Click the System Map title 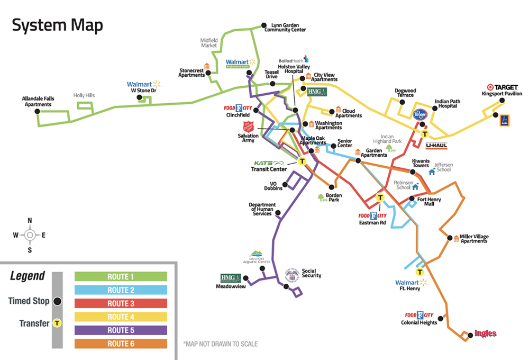point(58,25)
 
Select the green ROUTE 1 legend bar point(121,276)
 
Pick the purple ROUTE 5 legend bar point(121,330)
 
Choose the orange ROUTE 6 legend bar point(121,344)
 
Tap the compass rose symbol point(30,235)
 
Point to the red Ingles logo point(485,334)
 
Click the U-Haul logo point(436,145)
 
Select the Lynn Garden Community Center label point(288,28)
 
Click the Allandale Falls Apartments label point(38,101)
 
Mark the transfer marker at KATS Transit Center point(302,161)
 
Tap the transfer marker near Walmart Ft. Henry point(419,272)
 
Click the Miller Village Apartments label point(473,238)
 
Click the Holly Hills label point(84,95)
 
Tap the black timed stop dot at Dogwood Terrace point(403,102)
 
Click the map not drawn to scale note point(220,344)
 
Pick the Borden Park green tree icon point(321,197)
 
